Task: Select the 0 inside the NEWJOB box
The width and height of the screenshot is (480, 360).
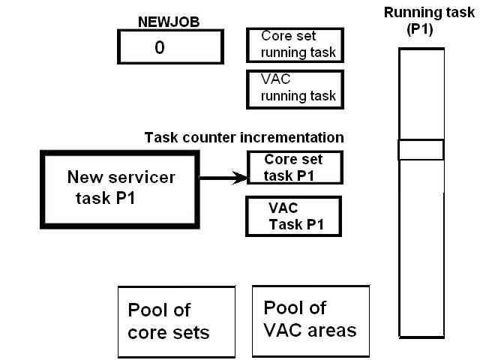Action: click(x=159, y=47)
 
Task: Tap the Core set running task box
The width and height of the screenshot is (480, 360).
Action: click(x=295, y=45)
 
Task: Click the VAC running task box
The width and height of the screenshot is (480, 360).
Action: click(x=295, y=89)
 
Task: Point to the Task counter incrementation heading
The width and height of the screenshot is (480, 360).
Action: click(x=244, y=138)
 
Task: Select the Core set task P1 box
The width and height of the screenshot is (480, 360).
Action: click(x=295, y=168)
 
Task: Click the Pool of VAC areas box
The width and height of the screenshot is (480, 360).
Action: click(x=310, y=320)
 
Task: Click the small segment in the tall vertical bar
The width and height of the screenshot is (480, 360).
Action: click(x=421, y=149)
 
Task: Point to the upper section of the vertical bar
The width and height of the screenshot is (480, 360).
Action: click(x=421, y=94)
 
